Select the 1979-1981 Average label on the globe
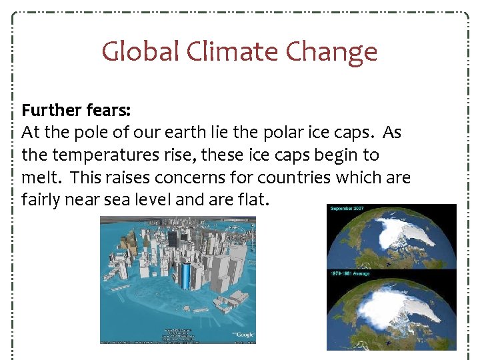[x=349, y=273]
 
